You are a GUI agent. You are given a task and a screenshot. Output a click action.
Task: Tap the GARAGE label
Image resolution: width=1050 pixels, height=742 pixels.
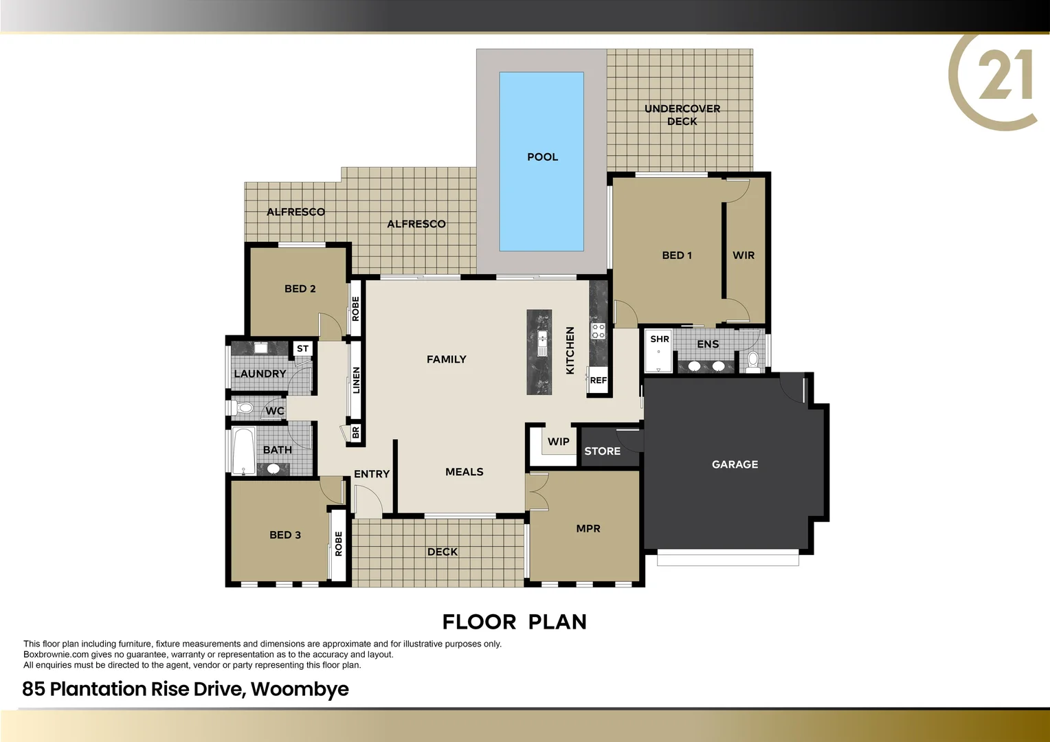[x=735, y=464]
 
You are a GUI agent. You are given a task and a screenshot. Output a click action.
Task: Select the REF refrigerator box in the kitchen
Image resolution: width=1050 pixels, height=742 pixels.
[x=598, y=381]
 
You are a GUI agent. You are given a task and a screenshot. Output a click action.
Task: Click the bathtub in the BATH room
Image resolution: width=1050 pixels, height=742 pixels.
[x=243, y=450]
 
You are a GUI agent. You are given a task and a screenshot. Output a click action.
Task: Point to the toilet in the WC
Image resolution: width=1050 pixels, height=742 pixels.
[x=245, y=408]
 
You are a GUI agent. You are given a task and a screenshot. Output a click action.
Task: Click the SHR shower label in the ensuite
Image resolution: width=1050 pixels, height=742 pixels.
[x=660, y=339]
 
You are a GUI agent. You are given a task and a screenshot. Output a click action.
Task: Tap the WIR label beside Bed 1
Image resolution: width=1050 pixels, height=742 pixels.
[x=744, y=256]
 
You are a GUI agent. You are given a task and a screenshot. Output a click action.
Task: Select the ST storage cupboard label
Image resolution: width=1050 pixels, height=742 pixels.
[x=302, y=349]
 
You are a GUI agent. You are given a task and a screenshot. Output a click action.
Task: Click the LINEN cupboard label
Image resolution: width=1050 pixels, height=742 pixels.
[x=356, y=380]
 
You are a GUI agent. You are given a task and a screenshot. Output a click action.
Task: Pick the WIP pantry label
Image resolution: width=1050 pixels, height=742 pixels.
[x=558, y=442]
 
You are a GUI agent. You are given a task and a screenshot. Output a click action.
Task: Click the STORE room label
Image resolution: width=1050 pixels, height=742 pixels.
[x=602, y=451]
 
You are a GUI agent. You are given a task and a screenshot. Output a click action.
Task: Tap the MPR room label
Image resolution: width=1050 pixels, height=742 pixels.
[x=588, y=528]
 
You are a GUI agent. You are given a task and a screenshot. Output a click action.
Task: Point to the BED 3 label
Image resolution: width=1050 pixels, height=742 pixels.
[x=285, y=535]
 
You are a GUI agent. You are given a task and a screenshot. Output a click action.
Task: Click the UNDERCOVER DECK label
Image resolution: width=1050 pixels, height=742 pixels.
[x=682, y=115]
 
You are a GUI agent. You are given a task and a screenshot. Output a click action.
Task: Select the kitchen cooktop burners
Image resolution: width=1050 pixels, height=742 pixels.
[x=599, y=330]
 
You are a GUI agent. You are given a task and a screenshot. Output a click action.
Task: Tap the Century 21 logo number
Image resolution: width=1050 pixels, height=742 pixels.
[x=1005, y=76]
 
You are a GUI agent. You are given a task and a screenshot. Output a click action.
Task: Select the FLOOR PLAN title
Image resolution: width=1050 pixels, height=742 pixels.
[x=514, y=622]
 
